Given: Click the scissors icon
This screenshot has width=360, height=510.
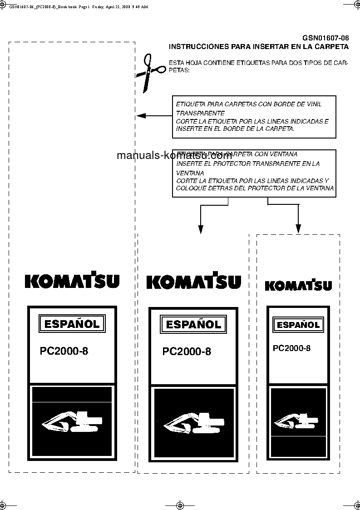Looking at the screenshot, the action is click(x=152, y=72).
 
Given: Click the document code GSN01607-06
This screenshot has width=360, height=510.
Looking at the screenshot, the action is click(x=325, y=38).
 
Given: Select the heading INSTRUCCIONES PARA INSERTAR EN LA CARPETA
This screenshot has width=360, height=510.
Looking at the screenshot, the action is click(x=258, y=46).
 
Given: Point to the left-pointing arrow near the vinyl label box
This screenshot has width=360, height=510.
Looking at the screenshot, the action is click(x=142, y=116).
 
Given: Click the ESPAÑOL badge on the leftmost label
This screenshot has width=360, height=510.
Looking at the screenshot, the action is click(x=72, y=324).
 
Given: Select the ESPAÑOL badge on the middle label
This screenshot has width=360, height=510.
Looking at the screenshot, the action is click(x=193, y=324).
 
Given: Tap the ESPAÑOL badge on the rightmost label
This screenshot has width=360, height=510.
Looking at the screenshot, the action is click(x=298, y=325).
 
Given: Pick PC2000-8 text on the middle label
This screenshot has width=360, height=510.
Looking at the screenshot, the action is click(x=187, y=352).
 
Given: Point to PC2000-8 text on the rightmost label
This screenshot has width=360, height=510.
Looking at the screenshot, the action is click(x=292, y=348).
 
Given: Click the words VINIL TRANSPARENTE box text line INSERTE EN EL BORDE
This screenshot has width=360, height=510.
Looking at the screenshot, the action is click(x=235, y=129).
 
